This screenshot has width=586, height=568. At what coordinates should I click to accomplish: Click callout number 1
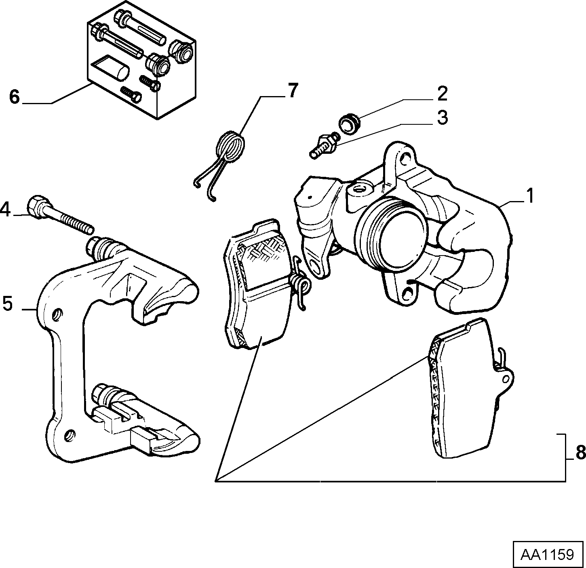pyautogui.click(x=529, y=196)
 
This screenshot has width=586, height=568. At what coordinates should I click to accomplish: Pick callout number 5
pyautogui.click(x=8, y=304)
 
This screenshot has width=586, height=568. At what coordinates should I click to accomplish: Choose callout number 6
pyautogui.click(x=14, y=97)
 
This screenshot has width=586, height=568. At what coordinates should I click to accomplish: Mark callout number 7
pyautogui.click(x=292, y=90)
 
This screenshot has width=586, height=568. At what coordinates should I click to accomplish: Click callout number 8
pyautogui.click(x=580, y=453)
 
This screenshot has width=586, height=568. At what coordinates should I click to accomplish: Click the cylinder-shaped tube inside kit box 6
pyautogui.click(x=120, y=73)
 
